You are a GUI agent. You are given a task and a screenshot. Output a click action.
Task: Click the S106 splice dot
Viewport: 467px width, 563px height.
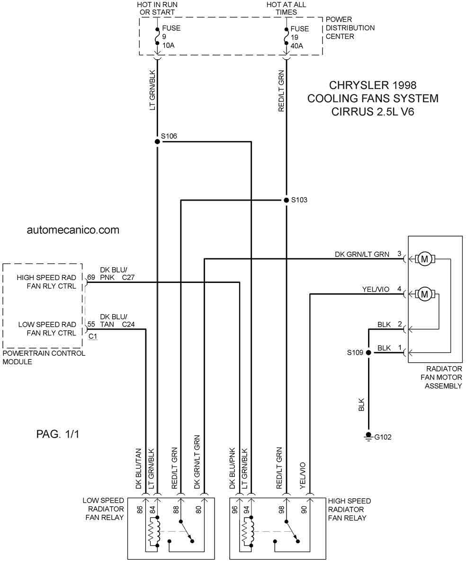tap(157, 141)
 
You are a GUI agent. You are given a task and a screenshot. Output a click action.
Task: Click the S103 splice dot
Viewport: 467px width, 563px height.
tap(286, 200)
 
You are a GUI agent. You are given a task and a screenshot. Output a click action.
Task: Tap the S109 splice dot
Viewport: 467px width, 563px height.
tap(368, 352)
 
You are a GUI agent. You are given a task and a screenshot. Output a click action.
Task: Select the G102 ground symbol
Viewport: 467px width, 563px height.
tap(368, 436)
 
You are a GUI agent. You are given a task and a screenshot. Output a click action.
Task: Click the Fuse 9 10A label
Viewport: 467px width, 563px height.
tap(171, 36)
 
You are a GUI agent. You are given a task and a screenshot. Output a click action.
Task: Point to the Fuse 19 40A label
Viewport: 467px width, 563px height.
tap(299, 37)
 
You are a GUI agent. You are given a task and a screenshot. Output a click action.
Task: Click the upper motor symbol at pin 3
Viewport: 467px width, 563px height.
tap(424, 259)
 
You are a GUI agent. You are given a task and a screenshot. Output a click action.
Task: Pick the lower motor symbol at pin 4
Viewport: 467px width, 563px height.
tap(424, 294)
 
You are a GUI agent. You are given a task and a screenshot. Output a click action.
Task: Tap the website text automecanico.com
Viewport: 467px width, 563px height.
tap(73, 230)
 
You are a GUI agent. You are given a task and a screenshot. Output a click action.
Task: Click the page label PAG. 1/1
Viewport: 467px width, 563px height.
tap(57, 434)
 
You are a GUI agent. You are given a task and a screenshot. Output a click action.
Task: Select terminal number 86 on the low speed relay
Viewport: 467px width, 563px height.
tap(140, 510)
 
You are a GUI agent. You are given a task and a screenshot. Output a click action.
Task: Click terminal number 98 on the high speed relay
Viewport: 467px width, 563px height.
tap(281, 510)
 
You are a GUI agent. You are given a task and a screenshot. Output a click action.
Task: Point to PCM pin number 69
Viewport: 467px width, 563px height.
tap(91, 277)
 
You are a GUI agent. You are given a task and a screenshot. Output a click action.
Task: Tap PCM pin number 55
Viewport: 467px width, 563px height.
tap(91, 324)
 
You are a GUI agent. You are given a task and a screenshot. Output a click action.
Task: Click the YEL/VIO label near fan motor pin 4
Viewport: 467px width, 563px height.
tap(376, 289)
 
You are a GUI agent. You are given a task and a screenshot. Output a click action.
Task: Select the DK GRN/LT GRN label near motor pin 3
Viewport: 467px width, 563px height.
tap(362, 254)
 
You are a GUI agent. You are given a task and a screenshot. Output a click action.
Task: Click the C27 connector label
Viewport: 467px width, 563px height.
tap(128, 277)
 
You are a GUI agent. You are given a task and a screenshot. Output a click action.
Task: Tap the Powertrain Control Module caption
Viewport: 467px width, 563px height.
tap(44, 357)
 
